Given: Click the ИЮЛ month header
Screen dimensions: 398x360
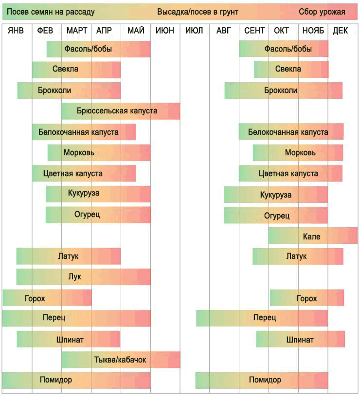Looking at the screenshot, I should [x=194, y=31].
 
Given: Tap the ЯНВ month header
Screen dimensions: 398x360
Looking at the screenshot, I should [x=16, y=31].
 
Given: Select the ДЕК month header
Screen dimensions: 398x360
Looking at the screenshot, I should [x=341, y=31].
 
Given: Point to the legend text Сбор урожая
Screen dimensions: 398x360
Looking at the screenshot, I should [x=322, y=12].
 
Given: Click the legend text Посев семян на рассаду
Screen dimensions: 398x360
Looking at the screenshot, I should [x=51, y=12].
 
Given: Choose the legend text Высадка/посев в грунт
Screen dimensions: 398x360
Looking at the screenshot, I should [x=198, y=12].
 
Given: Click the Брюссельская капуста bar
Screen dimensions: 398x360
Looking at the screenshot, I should [x=121, y=111].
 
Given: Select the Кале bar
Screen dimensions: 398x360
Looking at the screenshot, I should [x=312, y=236].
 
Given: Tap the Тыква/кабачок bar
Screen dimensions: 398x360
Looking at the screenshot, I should [x=121, y=360].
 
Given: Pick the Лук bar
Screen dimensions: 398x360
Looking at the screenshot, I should [x=83, y=277].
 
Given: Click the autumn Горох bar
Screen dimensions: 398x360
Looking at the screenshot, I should [x=306, y=298].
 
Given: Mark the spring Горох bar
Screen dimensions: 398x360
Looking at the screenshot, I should [x=47, y=298].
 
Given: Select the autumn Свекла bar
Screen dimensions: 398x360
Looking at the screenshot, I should [x=291, y=70].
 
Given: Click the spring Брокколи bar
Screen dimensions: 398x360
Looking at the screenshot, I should [x=69, y=90].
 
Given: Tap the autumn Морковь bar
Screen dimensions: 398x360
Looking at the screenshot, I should [x=298, y=153].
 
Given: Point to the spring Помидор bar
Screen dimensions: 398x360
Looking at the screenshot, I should [x=76, y=380].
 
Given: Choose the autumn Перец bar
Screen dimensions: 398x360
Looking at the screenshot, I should [x=262, y=318].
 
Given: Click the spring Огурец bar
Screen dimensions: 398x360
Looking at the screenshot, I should [x=98, y=215].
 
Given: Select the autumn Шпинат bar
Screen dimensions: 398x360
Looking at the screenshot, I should [x=300, y=339].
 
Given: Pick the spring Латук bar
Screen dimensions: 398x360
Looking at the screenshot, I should [x=68, y=256].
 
